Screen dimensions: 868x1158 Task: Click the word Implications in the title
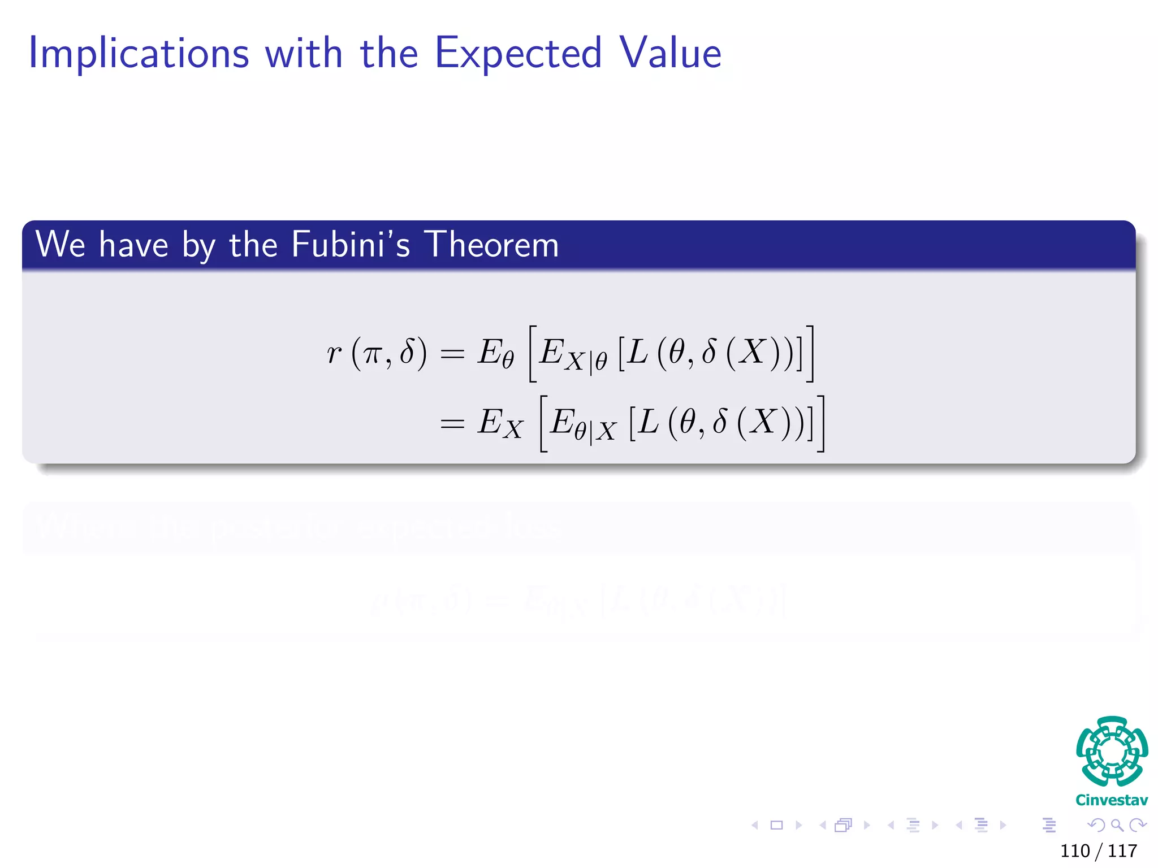point(139,54)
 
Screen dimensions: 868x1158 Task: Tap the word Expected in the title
point(518,54)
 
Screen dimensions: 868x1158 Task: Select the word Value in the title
point(670,53)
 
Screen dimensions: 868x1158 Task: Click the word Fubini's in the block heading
point(351,245)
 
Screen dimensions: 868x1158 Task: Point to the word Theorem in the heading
point(491,245)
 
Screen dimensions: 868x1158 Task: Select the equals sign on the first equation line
point(452,354)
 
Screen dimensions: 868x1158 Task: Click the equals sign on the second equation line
point(452,423)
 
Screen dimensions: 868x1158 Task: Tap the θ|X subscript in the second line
point(595,432)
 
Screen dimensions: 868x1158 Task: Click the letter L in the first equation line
point(637,352)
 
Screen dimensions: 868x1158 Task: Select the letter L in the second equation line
point(648,422)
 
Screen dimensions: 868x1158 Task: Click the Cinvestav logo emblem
point(1112,751)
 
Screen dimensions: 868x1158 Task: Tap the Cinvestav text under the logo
point(1112,800)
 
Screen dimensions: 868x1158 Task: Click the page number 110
point(1075,850)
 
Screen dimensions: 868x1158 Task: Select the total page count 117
point(1122,850)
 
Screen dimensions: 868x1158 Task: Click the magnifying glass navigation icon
point(1117,825)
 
